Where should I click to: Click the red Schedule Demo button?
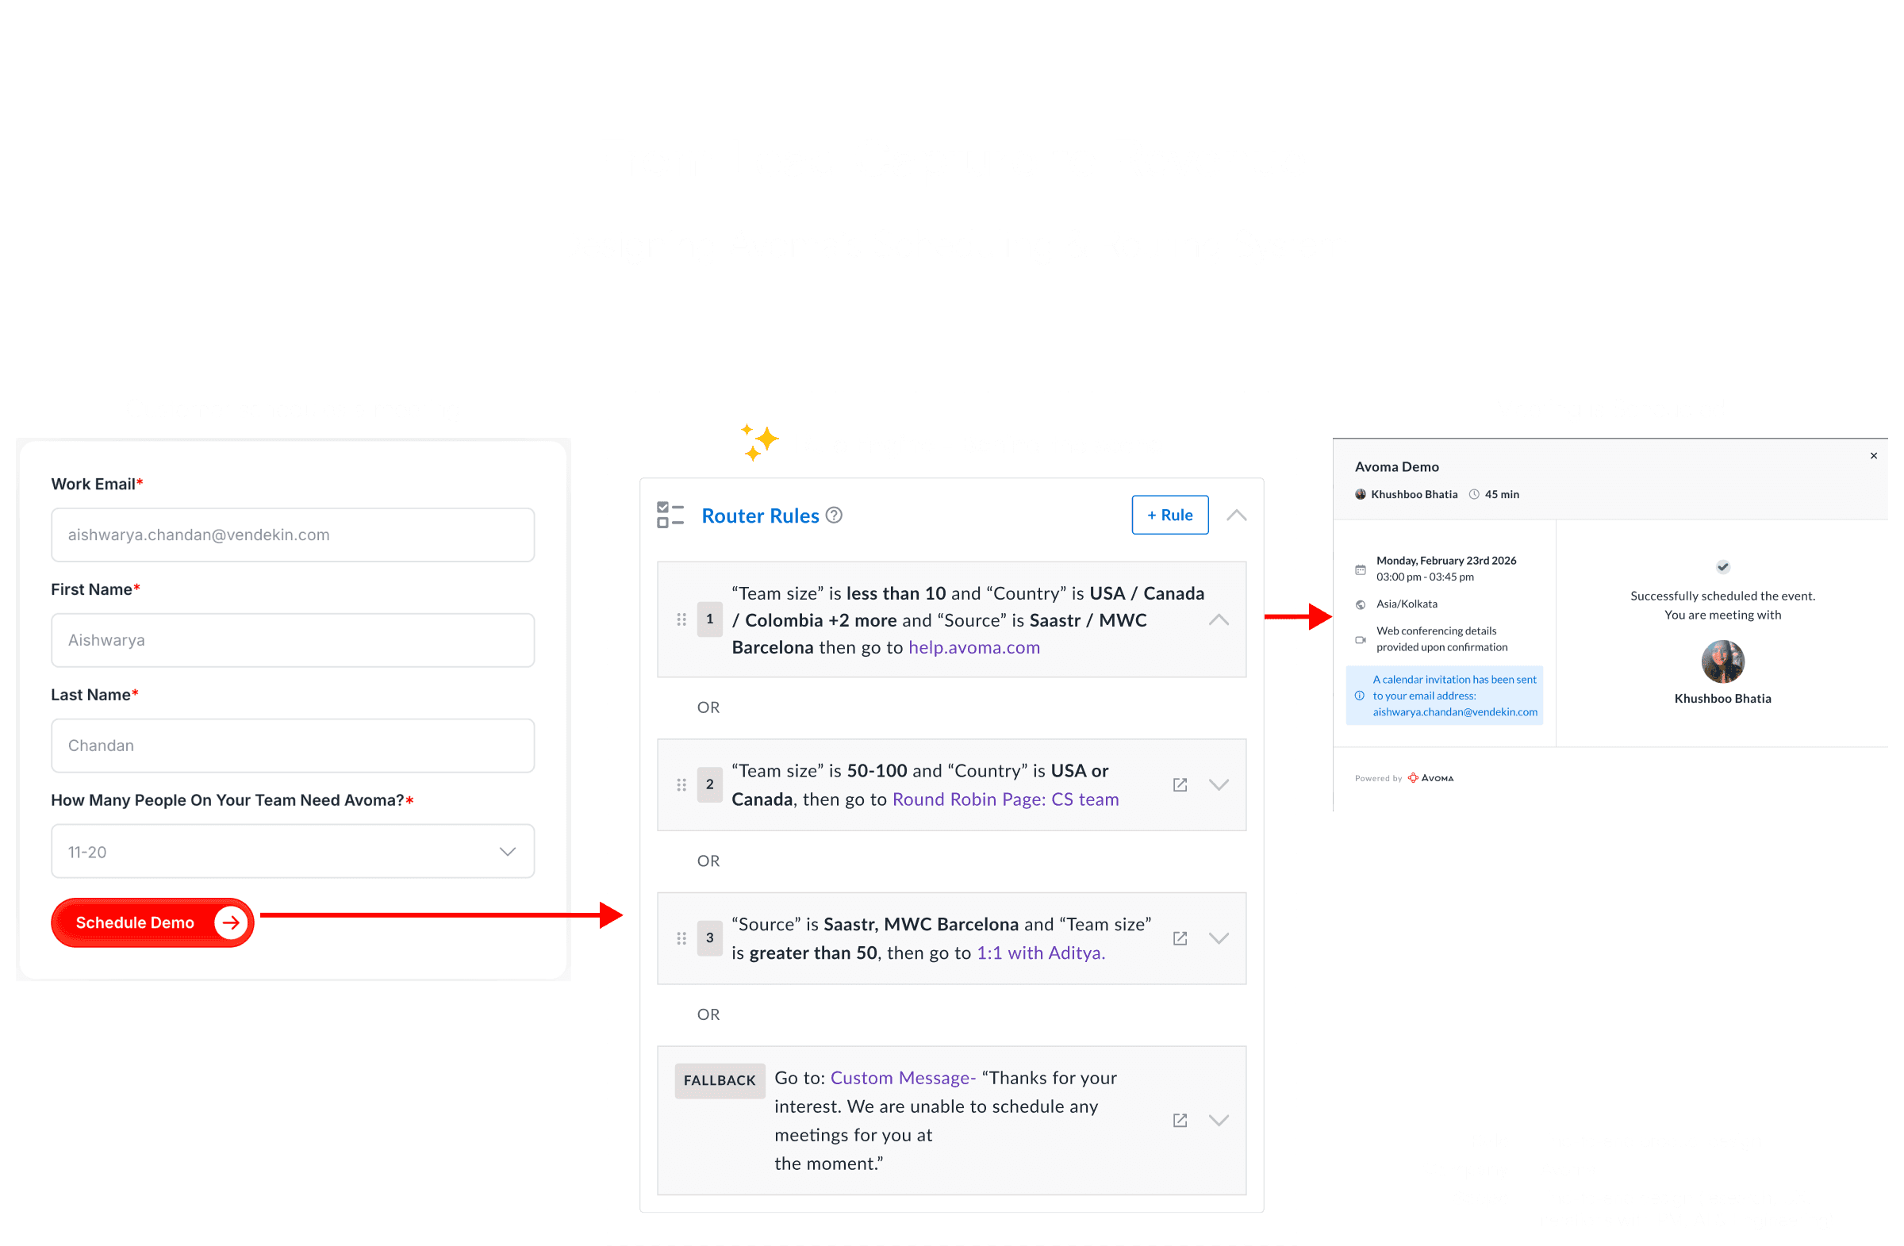coord(152,922)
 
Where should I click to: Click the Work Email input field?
coord(293,535)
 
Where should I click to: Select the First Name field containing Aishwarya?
coord(293,640)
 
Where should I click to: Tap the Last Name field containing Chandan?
coord(293,746)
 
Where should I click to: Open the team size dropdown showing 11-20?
coord(293,851)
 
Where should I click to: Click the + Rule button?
coord(1169,515)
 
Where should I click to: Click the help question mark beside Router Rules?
coord(834,515)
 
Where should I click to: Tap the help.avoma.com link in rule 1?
coord(973,647)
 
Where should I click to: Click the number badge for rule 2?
coord(709,784)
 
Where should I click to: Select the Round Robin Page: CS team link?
coord(1005,799)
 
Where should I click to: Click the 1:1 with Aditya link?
coord(1040,953)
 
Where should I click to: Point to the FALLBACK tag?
coord(720,1079)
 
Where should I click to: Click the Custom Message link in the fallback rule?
coord(902,1077)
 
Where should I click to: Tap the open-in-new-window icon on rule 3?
coord(1179,938)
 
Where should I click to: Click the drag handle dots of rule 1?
coord(681,619)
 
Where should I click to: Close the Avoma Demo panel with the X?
coord(1874,456)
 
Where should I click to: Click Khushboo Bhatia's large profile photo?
coord(1722,661)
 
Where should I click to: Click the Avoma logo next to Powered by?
coord(1431,777)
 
